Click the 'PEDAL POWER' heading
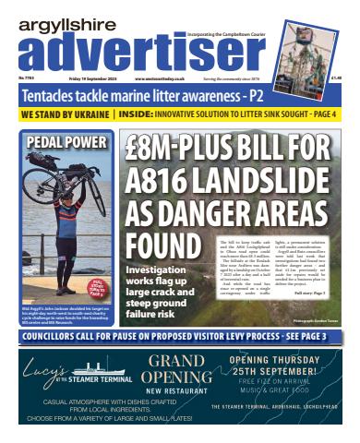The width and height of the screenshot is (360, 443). [59, 143]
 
